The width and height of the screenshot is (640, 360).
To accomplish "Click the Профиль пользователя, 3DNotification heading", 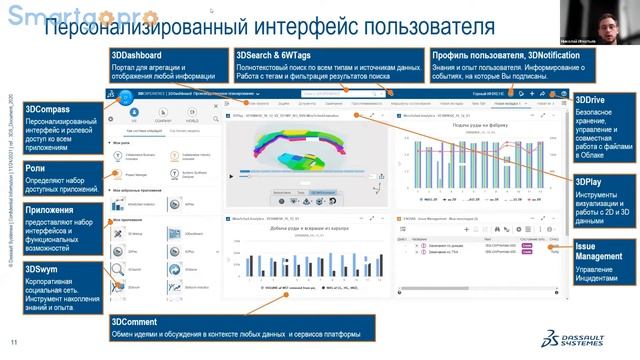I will [x=495, y=55].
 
